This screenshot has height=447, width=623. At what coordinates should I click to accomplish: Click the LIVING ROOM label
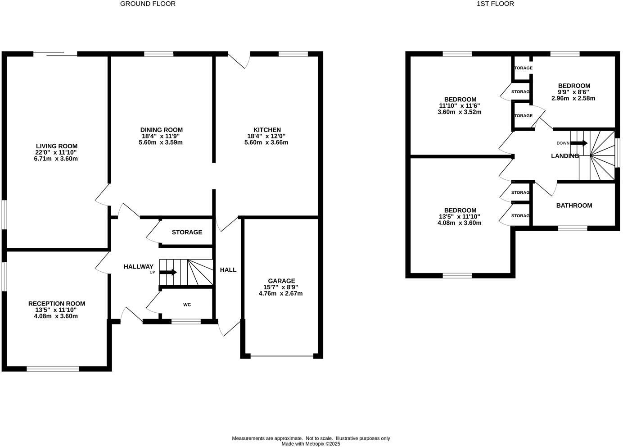(x=56, y=146)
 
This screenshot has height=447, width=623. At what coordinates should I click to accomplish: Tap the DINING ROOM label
(x=161, y=130)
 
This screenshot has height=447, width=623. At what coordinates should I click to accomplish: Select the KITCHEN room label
(x=267, y=130)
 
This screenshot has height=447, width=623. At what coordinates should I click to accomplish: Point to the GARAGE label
(x=281, y=281)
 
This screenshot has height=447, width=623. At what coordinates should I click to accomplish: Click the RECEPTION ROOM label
(x=56, y=304)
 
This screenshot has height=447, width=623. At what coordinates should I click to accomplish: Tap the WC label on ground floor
(x=187, y=305)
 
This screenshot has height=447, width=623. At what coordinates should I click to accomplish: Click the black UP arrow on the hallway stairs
(x=168, y=272)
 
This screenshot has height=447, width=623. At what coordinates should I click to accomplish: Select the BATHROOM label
(x=574, y=205)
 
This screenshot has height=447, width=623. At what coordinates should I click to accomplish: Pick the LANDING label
(x=565, y=156)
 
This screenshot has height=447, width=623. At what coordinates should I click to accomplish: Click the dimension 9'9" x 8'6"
(x=574, y=92)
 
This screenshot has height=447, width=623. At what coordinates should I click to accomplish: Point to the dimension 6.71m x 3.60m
(x=56, y=159)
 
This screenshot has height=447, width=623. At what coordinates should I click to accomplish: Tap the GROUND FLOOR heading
(x=148, y=4)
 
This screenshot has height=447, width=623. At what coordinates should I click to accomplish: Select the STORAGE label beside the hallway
(x=187, y=232)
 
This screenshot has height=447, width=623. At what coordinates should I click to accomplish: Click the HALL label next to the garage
(x=228, y=270)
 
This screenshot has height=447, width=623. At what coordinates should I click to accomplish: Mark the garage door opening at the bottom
(x=282, y=356)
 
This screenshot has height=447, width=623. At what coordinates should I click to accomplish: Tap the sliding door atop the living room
(x=55, y=55)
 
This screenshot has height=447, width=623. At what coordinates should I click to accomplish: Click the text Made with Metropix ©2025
(x=311, y=444)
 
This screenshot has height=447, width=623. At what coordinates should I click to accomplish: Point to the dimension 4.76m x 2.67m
(x=280, y=293)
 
